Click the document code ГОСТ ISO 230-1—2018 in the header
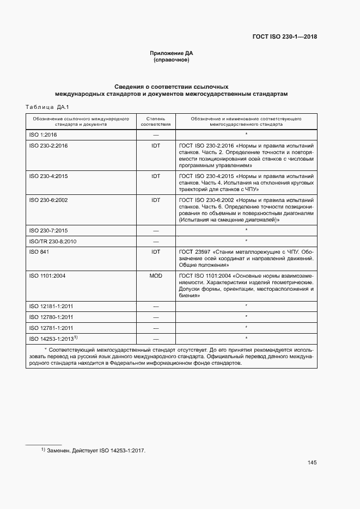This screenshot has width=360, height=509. pos(284,37)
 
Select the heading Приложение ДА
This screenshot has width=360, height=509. pos(172,53)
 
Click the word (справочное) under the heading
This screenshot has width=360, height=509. pos(172,60)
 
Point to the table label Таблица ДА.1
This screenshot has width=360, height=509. pos(45,107)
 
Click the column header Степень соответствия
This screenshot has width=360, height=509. pos(156,121)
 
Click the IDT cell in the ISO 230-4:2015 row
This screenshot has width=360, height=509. pos(156,176)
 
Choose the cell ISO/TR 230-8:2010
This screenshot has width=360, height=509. pos(52,241)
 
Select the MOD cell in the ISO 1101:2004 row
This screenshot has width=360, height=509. pos(156,275)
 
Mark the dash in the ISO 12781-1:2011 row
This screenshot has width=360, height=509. pos(156,328)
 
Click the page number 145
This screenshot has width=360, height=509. pos(312,463)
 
